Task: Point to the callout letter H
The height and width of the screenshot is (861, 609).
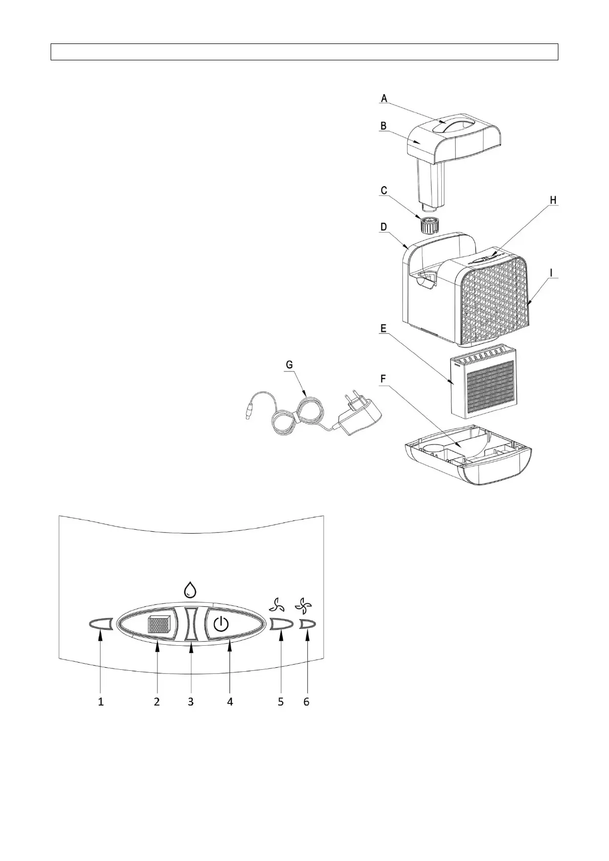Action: (553, 200)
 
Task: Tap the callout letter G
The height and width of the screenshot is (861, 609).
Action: (289, 365)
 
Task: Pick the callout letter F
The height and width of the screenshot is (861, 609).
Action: (384, 379)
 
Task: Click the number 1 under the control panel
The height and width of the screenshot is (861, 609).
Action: (101, 702)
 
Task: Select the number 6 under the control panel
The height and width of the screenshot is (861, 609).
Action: (306, 702)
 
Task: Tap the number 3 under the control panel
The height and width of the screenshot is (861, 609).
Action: (191, 702)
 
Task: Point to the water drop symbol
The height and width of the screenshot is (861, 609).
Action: (191, 591)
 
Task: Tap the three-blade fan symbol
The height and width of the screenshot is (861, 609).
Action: (277, 606)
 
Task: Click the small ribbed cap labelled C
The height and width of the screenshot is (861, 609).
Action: (428, 224)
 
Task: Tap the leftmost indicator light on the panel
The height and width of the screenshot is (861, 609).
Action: (100, 624)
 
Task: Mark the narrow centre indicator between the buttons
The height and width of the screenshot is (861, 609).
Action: (191, 624)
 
